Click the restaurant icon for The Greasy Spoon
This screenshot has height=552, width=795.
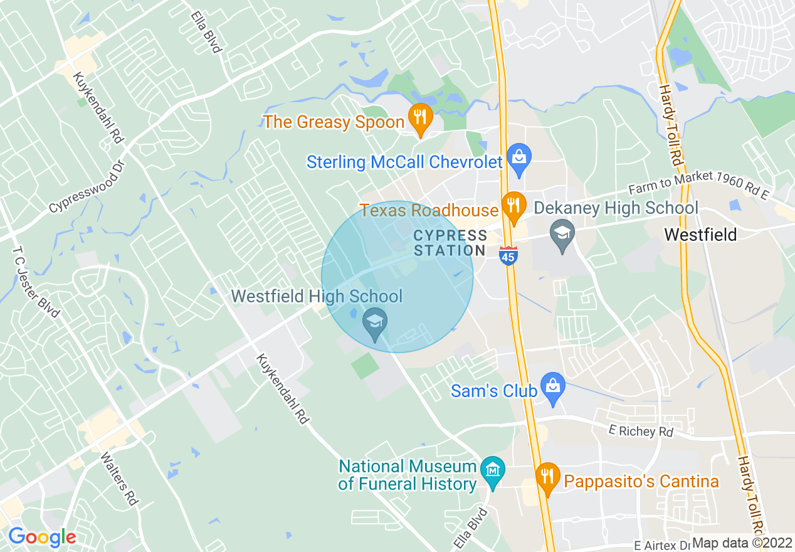click(x=420, y=117)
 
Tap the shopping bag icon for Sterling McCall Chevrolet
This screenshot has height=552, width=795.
click(x=519, y=157)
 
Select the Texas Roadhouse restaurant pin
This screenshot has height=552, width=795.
click(x=513, y=205)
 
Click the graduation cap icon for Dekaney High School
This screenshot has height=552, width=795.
click(x=562, y=233)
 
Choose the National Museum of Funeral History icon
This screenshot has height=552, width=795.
click(x=492, y=470)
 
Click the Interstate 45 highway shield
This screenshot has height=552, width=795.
click(x=508, y=255)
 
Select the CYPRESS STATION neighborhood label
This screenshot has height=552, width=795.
click(x=450, y=243)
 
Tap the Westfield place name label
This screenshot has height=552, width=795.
click(x=700, y=235)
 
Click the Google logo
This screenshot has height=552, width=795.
click(x=41, y=537)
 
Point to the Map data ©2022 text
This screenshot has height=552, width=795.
click(x=737, y=543)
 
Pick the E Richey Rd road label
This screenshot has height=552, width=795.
click(x=640, y=432)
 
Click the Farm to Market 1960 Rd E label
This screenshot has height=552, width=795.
click(x=698, y=185)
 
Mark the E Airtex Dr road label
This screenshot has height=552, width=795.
click(x=661, y=544)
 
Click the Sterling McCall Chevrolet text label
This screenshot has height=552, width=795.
click(x=404, y=162)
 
